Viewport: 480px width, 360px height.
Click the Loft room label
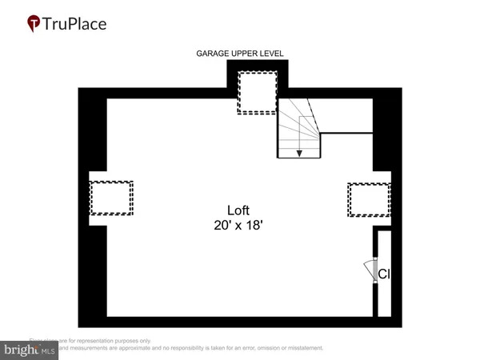coord(239,211)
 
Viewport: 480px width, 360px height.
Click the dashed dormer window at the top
coord(257,93)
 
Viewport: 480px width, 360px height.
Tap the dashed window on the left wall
coord(111,198)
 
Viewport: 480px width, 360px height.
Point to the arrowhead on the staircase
coord(299,152)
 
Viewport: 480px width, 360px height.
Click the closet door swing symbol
coord(370,272)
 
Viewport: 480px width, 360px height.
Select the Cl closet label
coord(384,274)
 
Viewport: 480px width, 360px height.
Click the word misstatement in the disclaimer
coord(300,348)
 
